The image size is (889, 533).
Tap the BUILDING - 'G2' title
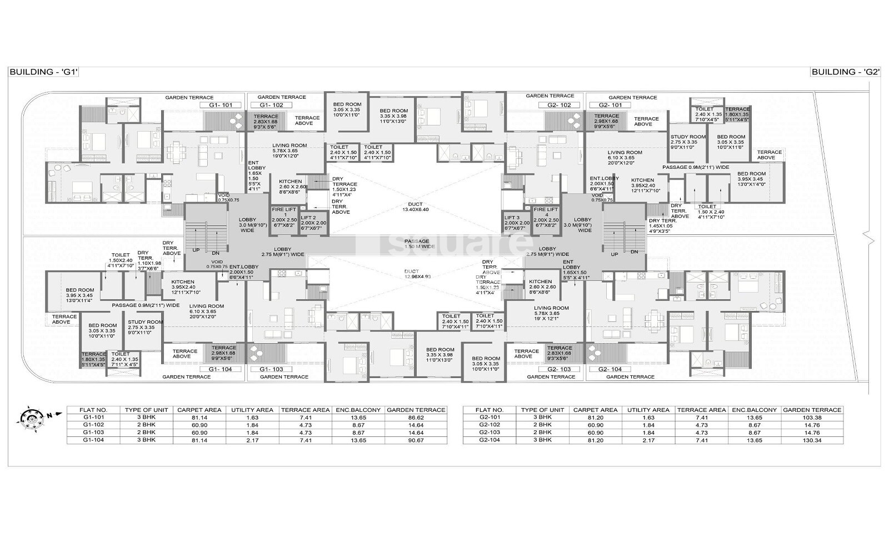(845, 72)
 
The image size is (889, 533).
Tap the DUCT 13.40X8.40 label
(415, 207)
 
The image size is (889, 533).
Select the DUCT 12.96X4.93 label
(415, 274)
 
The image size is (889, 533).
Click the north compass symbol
(29, 416)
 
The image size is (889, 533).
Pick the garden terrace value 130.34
(812, 440)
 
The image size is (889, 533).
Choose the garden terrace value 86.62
(416, 418)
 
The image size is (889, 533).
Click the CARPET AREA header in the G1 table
(195, 410)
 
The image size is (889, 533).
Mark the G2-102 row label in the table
(490, 425)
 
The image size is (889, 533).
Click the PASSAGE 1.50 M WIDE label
(417, 244)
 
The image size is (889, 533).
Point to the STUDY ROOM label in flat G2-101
(688, 140)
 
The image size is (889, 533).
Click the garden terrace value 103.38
(812, 418)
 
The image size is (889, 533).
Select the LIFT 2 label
(313, 220)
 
